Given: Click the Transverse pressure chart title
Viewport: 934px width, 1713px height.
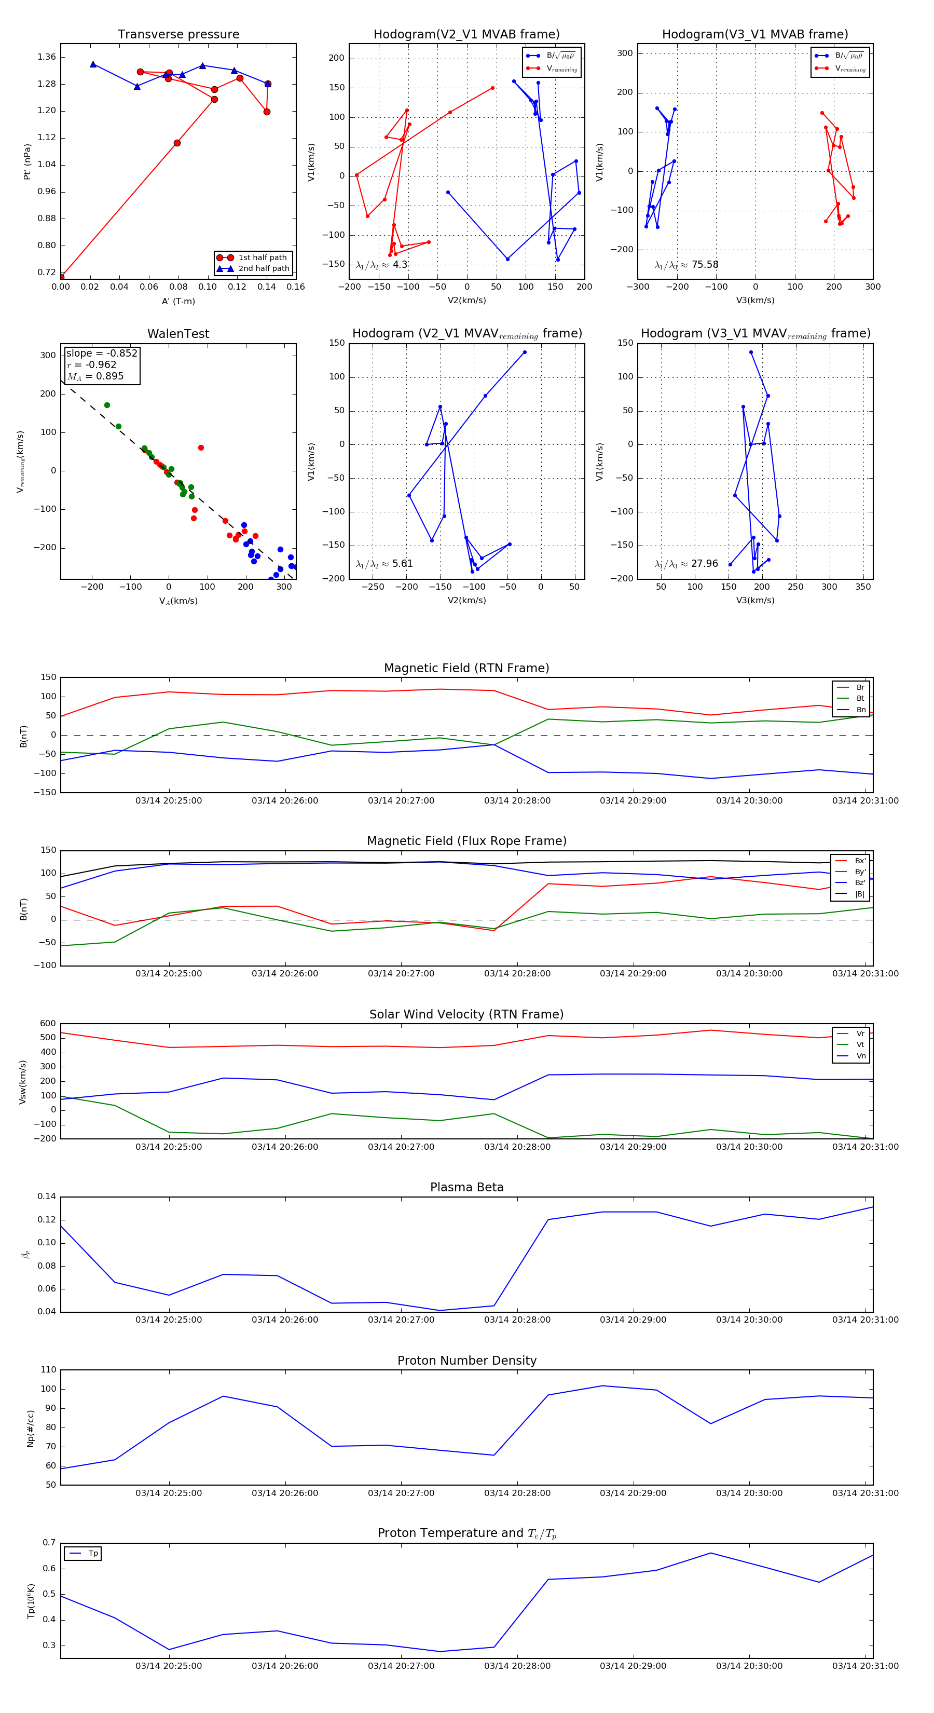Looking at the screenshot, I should (178, 35).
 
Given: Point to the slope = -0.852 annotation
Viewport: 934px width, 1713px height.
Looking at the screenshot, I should (102, 353).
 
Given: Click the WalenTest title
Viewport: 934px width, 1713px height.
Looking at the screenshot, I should (178, 334).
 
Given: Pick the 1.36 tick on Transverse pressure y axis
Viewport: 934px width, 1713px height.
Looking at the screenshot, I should (47, 57).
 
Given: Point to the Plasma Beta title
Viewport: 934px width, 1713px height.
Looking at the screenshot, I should (466, 1187).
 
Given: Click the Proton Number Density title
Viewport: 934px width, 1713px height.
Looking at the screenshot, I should (466, 1361).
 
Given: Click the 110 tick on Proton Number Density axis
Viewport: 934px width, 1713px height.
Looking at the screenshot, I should (49, 1370).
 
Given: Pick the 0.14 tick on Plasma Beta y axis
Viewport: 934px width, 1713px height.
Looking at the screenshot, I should (47, 1197).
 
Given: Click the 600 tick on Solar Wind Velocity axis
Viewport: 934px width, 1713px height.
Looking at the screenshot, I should (48, 1024).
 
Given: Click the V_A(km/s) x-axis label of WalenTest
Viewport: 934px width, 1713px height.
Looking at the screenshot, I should (178, 601).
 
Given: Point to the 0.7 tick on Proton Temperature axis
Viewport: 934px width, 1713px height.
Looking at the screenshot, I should (49, 1543).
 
